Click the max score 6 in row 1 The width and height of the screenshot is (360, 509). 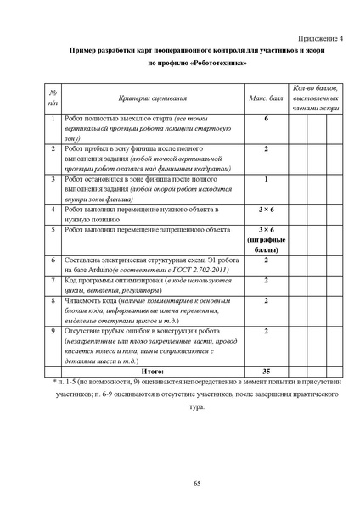(266, 119)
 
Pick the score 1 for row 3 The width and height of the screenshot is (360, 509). (266, 179)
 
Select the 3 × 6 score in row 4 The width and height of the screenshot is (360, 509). (266, 209)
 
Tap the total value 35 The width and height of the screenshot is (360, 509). (266, 372)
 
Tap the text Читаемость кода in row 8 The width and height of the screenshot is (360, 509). (91, 300)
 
